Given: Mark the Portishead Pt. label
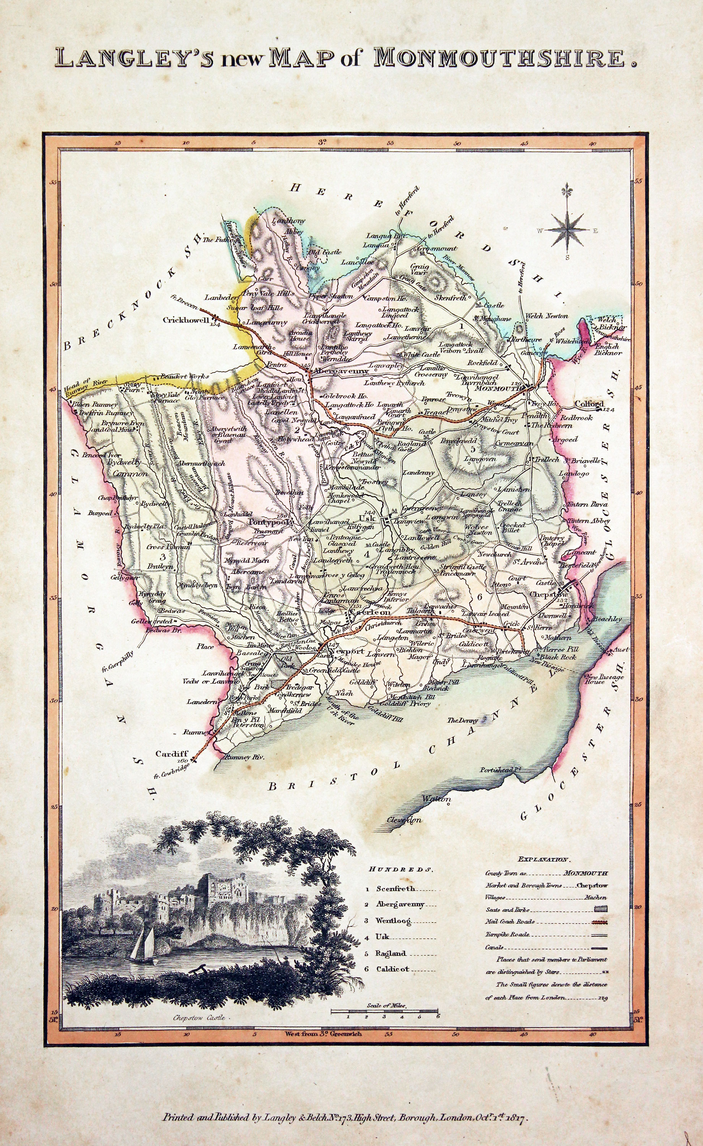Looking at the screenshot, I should click(500, 770).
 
